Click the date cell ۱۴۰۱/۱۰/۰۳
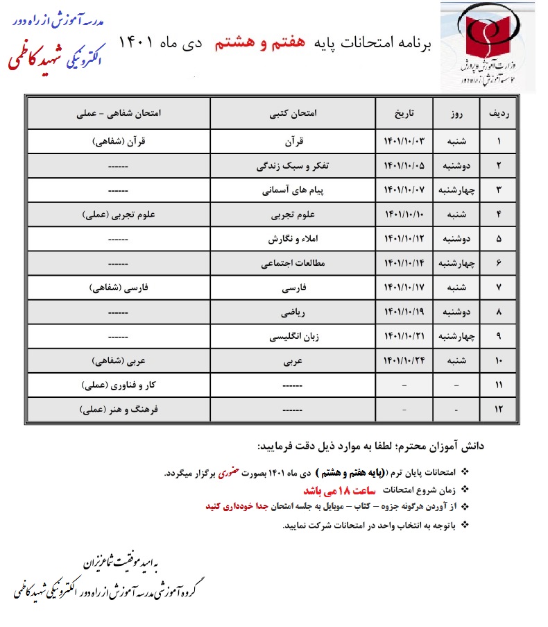(403, 142)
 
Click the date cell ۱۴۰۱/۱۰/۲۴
(403, 361)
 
